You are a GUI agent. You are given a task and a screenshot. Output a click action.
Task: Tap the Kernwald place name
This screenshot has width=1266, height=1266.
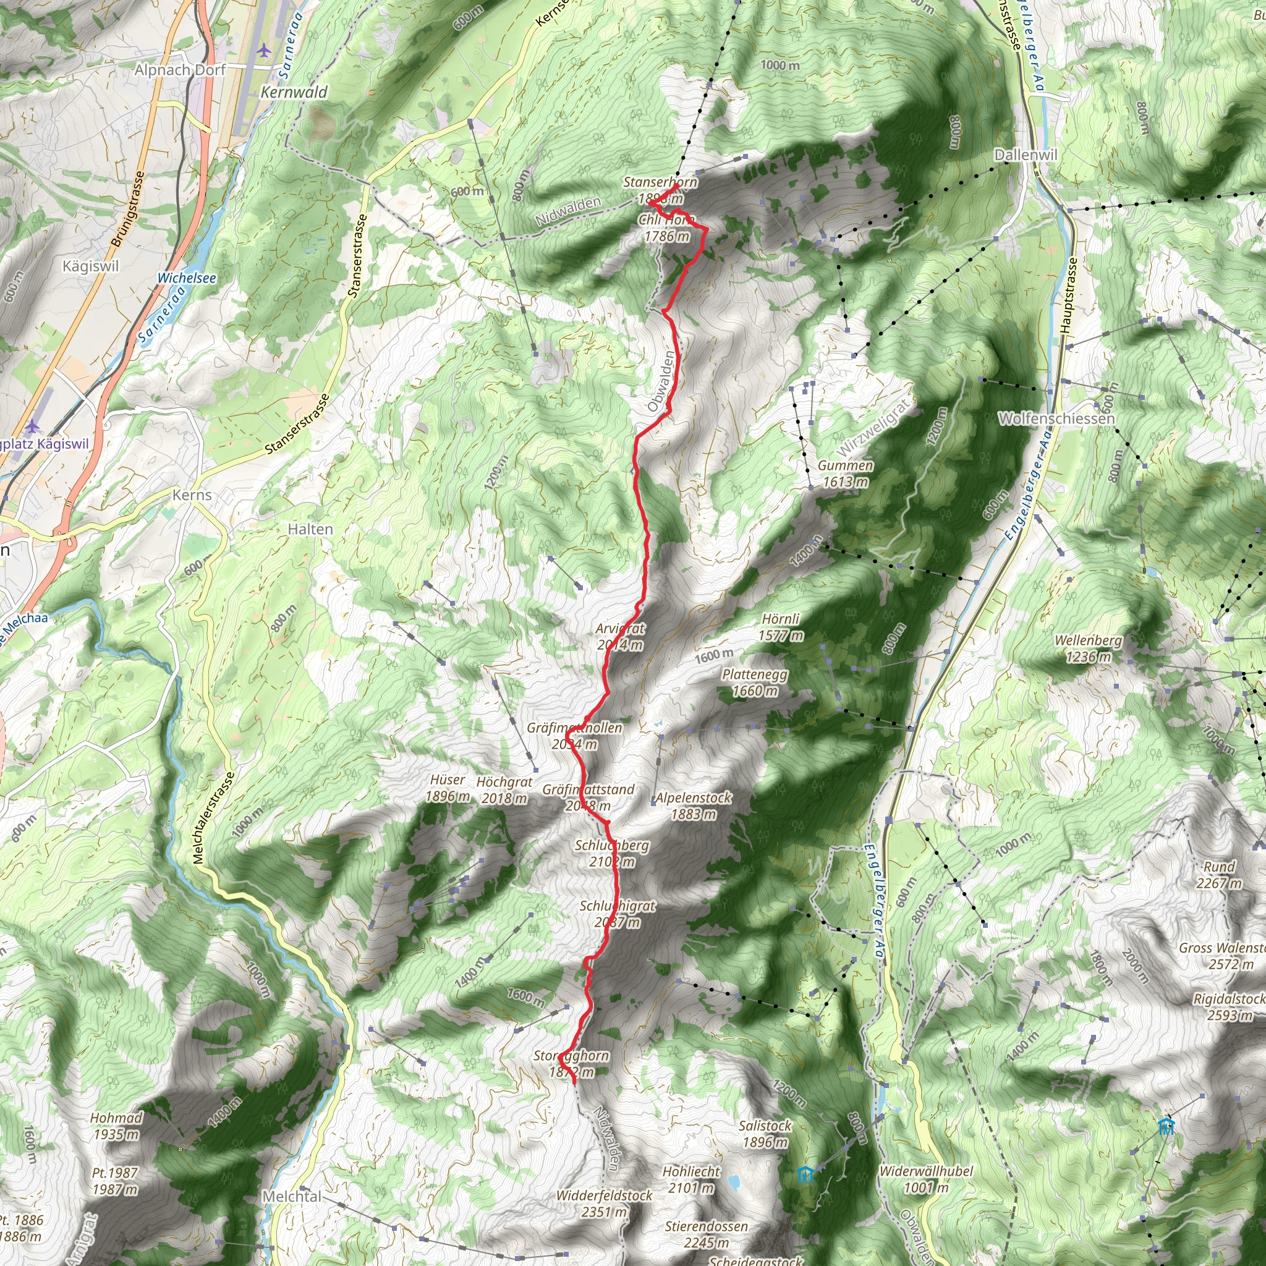(x=294, y=92)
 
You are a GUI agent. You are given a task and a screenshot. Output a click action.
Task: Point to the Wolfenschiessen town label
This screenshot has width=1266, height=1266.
(x=1056, y=418)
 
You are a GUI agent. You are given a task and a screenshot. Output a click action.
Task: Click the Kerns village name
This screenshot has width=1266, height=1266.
(x=192, y=495)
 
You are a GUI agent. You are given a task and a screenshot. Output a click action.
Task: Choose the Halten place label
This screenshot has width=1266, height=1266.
(x=310, y=529)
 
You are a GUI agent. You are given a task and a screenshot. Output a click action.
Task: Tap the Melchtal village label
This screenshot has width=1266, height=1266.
(x=292, y=1196)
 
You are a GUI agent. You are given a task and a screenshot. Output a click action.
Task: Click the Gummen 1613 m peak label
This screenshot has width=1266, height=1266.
(x=845, y=474)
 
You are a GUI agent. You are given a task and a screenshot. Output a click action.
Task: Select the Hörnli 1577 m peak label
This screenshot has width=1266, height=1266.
(x=781, y=627)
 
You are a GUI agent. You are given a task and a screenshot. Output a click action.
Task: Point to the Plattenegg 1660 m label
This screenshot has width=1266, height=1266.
(x=755, y=682)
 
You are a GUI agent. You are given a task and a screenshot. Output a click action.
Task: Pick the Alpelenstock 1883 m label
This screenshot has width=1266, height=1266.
(x=694, y=805)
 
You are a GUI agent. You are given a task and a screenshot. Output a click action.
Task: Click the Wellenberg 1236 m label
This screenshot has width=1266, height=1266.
(x=1089, y=648)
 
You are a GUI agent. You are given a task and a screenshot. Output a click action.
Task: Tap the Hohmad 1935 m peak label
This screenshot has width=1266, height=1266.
(x=117, y=1125)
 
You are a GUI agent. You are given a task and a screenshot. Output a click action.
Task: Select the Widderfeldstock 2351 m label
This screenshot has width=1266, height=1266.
(x=604, y=1203)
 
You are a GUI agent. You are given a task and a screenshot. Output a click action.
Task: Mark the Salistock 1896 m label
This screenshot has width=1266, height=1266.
(x=765, y=1134)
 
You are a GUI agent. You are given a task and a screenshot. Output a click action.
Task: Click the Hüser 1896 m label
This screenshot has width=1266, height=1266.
(x=448, y=788)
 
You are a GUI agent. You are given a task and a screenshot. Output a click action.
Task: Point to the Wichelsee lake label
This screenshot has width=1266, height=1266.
(x=187, y=278)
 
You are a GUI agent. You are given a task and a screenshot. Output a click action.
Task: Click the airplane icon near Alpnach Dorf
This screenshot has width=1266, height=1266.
(x=264, y=50)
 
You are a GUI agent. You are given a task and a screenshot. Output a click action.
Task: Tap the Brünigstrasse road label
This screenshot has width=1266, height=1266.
(x=128, y=209)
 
